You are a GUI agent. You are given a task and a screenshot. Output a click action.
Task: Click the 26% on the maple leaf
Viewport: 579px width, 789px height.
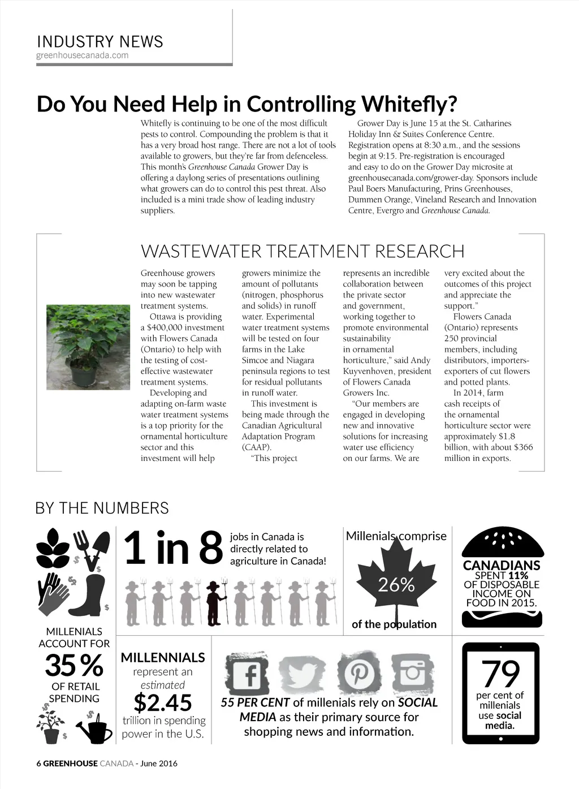pyautogui.click(x=396, y=584)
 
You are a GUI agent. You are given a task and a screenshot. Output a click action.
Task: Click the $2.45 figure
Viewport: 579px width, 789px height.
pyautogui.click(x=163, y=702)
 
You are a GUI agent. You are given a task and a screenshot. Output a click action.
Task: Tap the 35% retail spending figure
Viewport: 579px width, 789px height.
pyautogui.click(x=74, y=665)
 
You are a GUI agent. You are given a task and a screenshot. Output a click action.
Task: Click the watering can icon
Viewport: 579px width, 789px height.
pyautogui.click(x=97, y=730)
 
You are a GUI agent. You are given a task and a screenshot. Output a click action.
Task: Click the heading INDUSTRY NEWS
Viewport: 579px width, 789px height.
pyautogui.click(x=100, y=41)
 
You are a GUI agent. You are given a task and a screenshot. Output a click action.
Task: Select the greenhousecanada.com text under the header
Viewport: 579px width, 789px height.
pyautogui.click(x=82, y=55)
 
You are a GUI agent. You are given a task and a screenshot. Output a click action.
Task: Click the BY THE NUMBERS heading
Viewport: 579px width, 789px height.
pyautogui.click(x=102, y=507)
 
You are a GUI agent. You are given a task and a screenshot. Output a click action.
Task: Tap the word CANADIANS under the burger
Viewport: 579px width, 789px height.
pyautogui.click(x=502, y=565)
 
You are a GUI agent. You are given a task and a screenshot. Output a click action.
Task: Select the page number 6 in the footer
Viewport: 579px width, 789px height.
pyautogui.click(x=38, y=763)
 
